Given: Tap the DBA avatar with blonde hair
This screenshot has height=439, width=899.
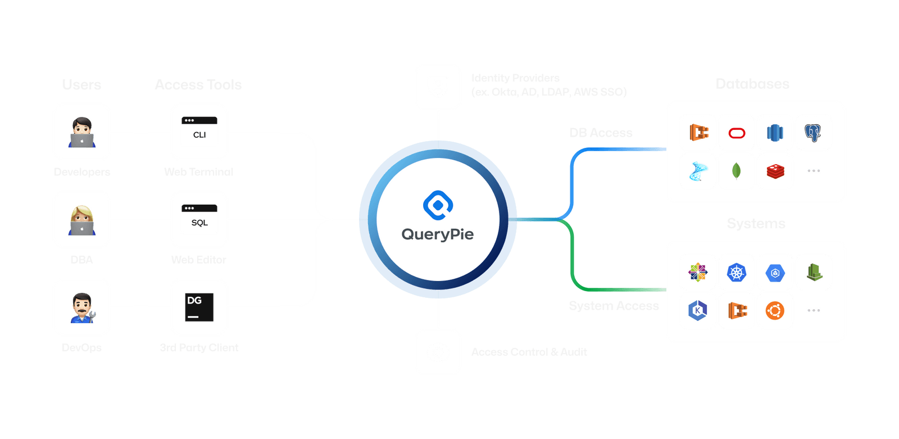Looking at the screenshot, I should click(81, 220).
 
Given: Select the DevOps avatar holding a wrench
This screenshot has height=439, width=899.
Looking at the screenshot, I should click(82, 307).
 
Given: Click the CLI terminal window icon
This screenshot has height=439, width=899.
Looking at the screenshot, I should click(199, 131).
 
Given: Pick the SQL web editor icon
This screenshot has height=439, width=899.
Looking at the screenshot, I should click(199, 219).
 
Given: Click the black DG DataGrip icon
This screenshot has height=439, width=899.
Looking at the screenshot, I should click(199, 307).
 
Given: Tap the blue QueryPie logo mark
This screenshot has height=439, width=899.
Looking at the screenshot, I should click(438, 205).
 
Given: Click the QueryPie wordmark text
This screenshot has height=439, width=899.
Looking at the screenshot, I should click(437, 234).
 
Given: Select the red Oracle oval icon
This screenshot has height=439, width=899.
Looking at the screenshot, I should click(737, 133).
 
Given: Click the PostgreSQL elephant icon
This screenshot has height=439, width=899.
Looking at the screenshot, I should click(812, 133).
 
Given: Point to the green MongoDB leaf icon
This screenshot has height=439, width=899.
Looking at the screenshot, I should click(736, 170).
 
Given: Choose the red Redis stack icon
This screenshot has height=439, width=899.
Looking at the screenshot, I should click(775, 171).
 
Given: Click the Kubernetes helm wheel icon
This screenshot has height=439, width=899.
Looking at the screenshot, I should click(736, 273).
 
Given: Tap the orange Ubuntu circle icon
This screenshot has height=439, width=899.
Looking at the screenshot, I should click(775, 310).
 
